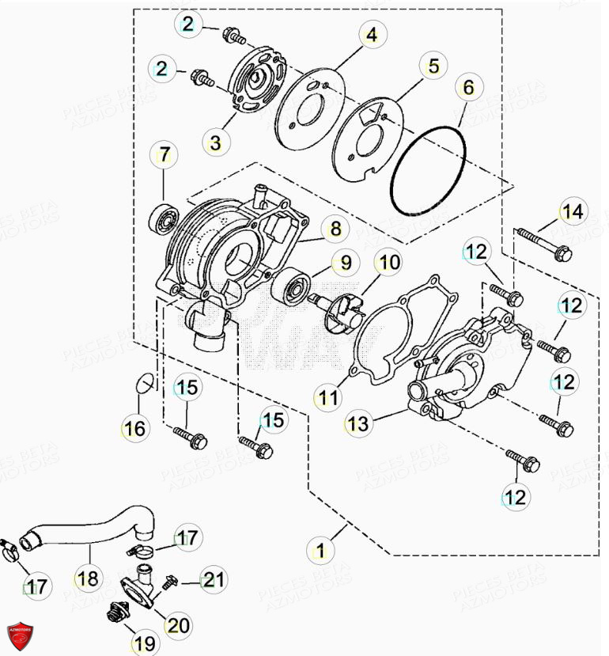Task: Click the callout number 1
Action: (x=320, y=548)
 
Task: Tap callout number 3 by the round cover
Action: (x=215, y=143)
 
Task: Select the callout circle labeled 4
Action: (x=370, y=35)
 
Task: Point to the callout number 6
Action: (x=469, y=88)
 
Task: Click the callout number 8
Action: (x=335, y=229)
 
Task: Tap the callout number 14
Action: (x=573, y=211)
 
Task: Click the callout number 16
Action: (x=134, y=428)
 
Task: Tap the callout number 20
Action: (x=179, y=625)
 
